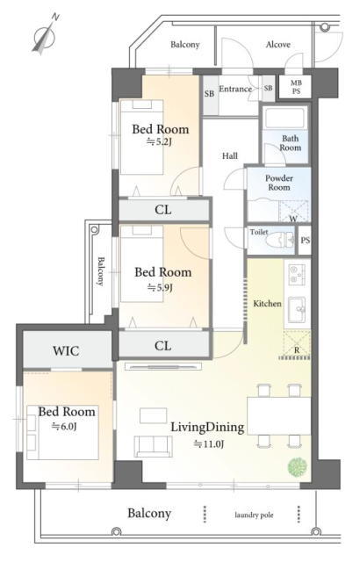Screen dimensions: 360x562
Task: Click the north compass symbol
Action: (x=45, y=35)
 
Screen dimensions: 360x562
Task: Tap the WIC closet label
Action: (x=66, y=350)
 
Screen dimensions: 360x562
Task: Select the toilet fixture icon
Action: (x=280, y=240)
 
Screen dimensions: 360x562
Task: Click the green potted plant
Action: (x=298, y=467)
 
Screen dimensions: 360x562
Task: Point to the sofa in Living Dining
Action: (x=153, y=446)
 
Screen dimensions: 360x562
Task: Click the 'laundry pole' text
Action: (x=254, y=515)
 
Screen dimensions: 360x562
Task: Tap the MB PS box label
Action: (x=296, y=87)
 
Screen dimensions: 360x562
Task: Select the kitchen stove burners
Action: (x=298, y=275)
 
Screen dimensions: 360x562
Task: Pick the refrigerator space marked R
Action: (x=297, y=345)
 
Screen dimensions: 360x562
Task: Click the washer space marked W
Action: (x=294, y=212)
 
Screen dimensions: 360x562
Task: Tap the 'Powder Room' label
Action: (x=279, y=183)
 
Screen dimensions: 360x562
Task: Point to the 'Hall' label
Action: (x=230, y=156)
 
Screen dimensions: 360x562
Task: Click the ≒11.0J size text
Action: (x=208, y=444)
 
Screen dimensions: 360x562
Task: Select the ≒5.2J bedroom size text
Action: (x=159, y=142)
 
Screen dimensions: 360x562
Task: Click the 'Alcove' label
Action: (x=278, y=45)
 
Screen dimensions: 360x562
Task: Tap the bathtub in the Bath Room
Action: (x=284, y=118)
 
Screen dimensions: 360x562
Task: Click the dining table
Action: (x=278, y=415)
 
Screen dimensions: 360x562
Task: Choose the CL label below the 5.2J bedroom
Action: (x=163, y=210)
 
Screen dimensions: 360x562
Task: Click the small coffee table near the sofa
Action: (x=154, y=415)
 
